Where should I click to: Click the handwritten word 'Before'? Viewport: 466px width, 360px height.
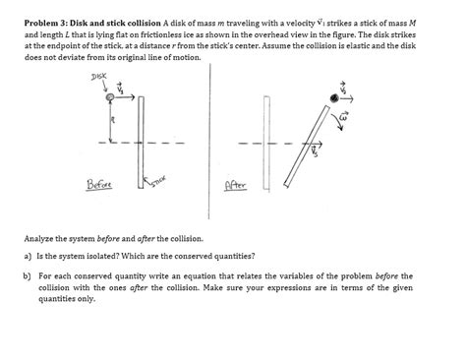(x=99, y=184)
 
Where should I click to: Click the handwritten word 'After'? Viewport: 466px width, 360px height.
(x=238, y=185)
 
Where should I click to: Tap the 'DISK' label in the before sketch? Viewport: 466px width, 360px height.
(x=98, y=76)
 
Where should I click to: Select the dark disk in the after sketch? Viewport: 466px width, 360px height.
(x=334, y=98)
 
